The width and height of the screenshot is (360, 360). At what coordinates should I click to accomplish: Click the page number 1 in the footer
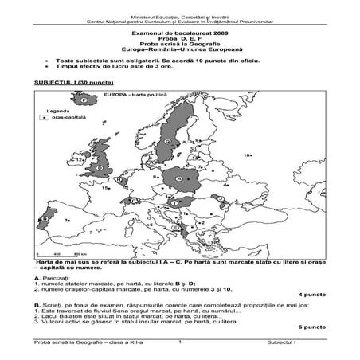182,342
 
